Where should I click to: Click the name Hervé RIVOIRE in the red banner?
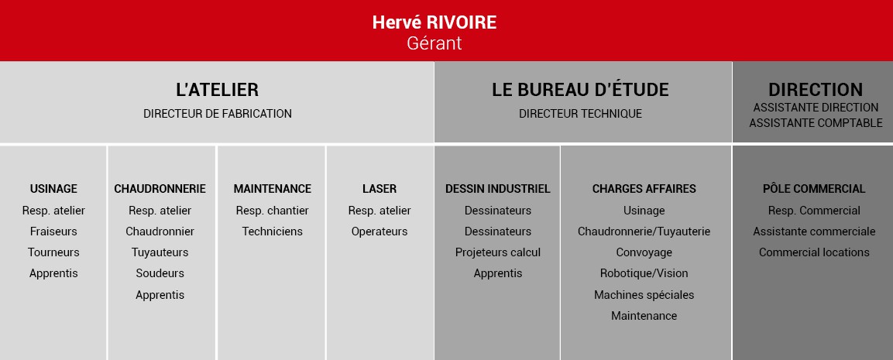[x=434, y=22]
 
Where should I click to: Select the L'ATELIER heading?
[x=217, y=90]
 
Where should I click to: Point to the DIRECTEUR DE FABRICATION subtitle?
[x=218, y=114]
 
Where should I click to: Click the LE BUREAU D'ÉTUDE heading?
[x=580, y=90]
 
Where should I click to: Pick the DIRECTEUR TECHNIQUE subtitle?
[x=580, y=114]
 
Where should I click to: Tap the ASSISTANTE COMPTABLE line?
[x=816, y=123]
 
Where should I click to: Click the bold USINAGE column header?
[x=53, y=189]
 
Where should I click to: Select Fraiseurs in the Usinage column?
[x=53, y=231]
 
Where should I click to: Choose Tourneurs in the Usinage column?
[x=53, y=252]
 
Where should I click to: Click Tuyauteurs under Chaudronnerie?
[x=160, y=252]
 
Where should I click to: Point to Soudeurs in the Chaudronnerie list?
[x=160, y=273]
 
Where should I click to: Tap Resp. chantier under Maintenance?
[x=272, y=211]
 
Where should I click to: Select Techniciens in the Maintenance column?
[x=272, y=231]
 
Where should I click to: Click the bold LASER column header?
[x=380, y=189]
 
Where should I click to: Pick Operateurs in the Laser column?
[x=380, y=231]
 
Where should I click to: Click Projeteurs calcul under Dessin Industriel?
[x=498, y=252]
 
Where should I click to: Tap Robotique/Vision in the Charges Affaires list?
[x=644, y=273]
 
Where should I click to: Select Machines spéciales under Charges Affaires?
[x=644, y=295]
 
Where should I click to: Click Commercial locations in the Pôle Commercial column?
[x=815, y=252]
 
